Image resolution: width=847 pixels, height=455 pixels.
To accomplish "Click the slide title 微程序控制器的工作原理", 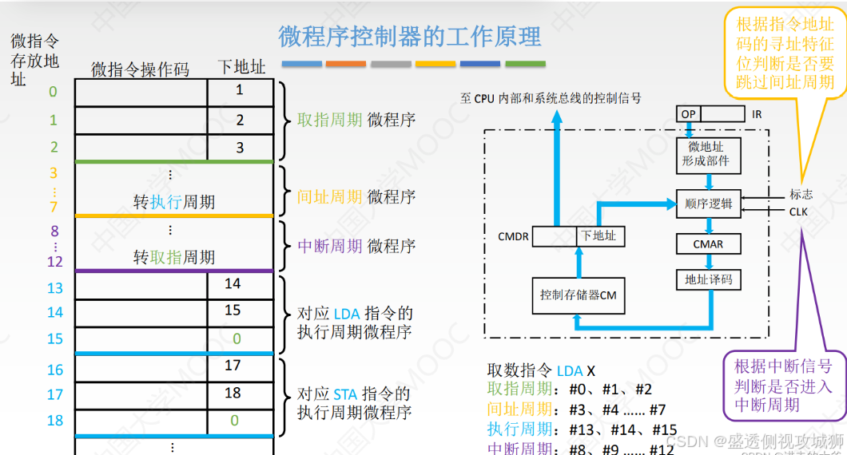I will [409, 37].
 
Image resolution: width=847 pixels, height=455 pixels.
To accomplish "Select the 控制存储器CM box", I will [578, 295].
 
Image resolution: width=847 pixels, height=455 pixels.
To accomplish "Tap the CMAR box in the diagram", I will [708, 243].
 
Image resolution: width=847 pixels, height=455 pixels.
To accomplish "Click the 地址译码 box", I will [708, 279].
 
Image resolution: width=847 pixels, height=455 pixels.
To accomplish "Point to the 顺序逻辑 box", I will [708, 204].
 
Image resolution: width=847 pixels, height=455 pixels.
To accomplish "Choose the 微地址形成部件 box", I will [708, 153].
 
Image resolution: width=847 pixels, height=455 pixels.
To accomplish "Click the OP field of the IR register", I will [688, 114].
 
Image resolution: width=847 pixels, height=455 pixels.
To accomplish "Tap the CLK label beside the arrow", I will [798, 212].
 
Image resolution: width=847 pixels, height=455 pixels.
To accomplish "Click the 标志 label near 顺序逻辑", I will [801, 194].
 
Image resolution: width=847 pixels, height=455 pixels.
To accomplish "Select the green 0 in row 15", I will [237, 339].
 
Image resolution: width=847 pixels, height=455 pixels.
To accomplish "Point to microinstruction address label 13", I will [54, 287].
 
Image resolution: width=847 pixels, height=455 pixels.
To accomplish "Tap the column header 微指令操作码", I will [140, 69].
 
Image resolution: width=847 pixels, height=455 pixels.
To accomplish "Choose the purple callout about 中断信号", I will [782, 386].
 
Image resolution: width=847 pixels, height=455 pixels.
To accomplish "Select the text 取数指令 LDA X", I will [541, 371].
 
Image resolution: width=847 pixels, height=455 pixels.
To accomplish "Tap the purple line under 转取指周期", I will [174, 271].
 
